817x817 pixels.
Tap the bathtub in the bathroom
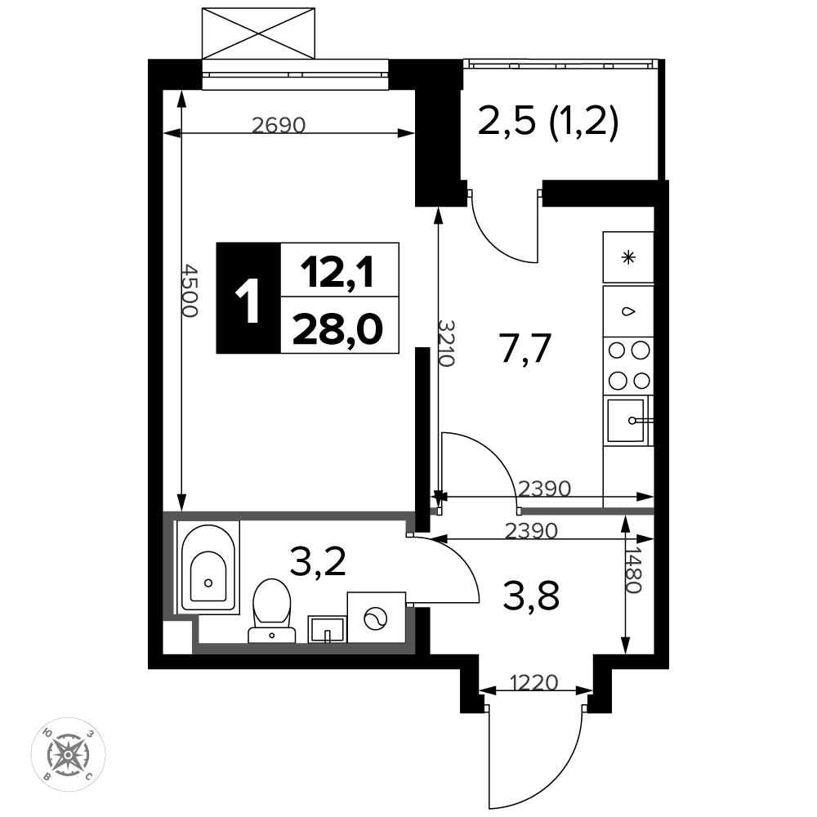tap(208, 566)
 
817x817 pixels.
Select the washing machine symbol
tap(376, 617)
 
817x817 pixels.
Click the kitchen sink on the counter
tap(627, 421)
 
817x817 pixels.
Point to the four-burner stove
tap(628, 365)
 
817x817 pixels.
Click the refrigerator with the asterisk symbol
tap(628, 257)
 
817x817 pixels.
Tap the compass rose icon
tap(69, 754)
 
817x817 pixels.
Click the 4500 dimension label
tap(190, 291)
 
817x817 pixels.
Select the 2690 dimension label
tap(279, 125)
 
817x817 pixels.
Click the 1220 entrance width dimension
tap(534, 682)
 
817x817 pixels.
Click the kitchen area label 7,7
tap(525, 348)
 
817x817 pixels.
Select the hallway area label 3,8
tap(532, 596)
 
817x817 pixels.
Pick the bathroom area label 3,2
tap(318, 560)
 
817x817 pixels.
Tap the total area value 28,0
tap(337, 329)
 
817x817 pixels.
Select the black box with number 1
tap(248, 298)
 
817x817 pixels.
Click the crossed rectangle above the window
tap(258, 33)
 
